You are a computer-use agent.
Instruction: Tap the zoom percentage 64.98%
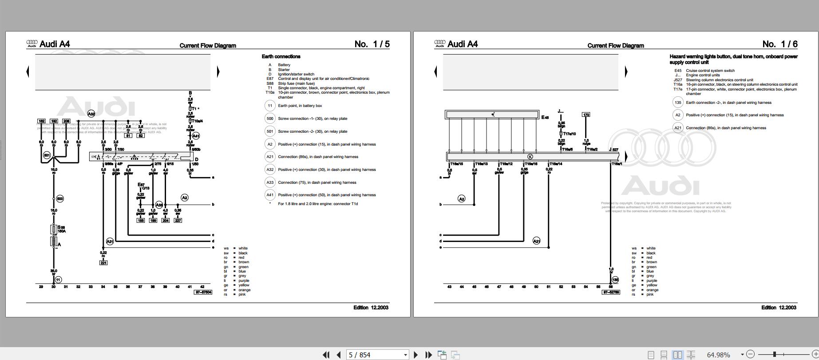coord(718,355)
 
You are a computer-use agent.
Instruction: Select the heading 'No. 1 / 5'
coord(372,44)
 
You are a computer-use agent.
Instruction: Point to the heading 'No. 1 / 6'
coord(780,44)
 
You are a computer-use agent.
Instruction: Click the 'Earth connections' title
coord(281,56)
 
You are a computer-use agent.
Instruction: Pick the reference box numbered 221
coord(103,263)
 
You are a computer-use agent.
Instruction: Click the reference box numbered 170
coord(586,115)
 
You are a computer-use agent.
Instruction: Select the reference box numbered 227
coord(178,220)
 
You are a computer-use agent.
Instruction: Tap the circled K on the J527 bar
coord(530,157)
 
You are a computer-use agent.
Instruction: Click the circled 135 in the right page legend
coord(678,103)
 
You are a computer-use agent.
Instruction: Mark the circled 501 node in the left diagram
coord(47,155)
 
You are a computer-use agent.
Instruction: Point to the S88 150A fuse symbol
coord(54,229)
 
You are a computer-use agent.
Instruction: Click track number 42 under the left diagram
coord(202,287)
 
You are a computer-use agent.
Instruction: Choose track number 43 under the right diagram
coord(449,287)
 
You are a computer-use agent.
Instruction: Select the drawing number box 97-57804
coord(203,292)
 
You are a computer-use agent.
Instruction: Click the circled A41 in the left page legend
coord(270,195)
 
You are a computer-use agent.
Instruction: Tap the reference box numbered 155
coord(141,220)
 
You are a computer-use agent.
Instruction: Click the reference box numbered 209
coord(66,121)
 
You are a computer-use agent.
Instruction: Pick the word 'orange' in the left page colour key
coord(244,290)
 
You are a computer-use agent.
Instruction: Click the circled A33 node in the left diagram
coord(159,205)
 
